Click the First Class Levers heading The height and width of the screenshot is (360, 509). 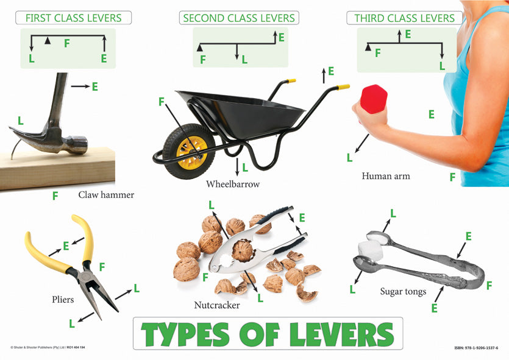pos(73,18)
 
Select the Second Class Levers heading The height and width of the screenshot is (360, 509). pos(239,18)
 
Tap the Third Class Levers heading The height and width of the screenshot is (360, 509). pos(404,18)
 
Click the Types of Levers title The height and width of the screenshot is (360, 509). pos(268,334)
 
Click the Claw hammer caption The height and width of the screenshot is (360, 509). pos(106,195)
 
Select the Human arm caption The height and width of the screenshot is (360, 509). pos(385,176)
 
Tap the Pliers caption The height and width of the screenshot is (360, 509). pos(63,300)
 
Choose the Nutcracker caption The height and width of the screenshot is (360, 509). pos(216,305)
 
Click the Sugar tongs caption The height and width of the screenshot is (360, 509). pos(403,291)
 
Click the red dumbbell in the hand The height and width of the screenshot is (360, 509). pos(374,99)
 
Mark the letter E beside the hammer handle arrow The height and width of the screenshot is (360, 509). pos(94,87)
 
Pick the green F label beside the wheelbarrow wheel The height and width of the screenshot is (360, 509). pos(162,102)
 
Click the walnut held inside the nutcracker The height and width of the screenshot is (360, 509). pos(243,250)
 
